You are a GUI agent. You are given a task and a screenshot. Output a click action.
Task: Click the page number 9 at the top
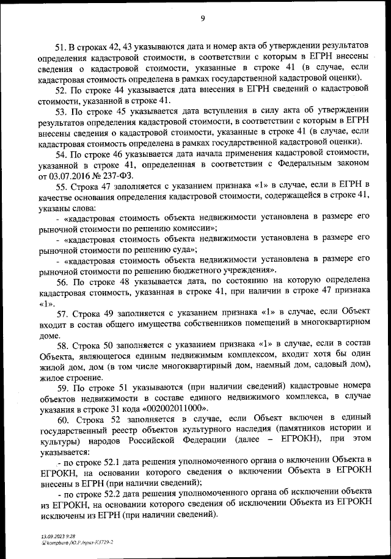(202, 18)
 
